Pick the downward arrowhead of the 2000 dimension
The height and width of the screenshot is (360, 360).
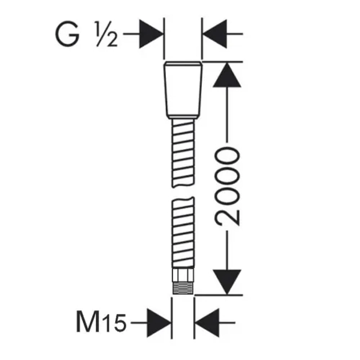(x=226, y=281)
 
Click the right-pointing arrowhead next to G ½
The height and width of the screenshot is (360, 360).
(x=151, y=34)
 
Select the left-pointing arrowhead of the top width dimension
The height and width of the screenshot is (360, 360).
(x=215, y=34)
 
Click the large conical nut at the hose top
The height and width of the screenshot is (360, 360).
(x=183, y=90)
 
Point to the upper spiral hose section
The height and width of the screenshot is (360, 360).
(x=183, y=153)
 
